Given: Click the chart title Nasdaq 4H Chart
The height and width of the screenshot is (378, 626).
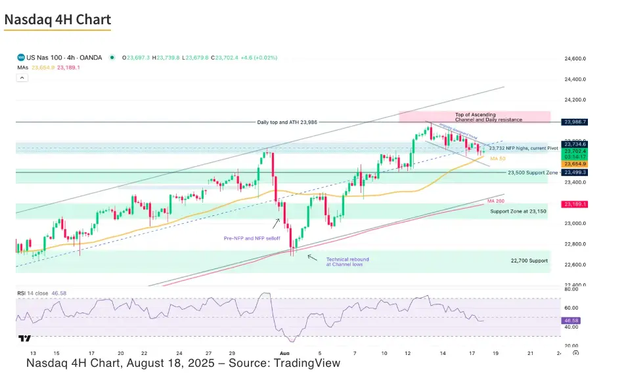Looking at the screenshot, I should point(58,20).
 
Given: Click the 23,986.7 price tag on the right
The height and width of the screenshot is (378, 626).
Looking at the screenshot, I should point(575,122).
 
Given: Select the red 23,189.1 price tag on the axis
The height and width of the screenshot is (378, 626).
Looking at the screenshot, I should point(575,204).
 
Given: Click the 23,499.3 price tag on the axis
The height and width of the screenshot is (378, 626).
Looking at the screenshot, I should point(575,172).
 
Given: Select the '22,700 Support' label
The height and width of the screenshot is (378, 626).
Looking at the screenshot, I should point(529,261).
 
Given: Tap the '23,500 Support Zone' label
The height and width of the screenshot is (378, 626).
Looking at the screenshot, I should point(533,172).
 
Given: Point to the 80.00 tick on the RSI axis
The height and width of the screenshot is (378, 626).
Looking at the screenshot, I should point(571,288).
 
